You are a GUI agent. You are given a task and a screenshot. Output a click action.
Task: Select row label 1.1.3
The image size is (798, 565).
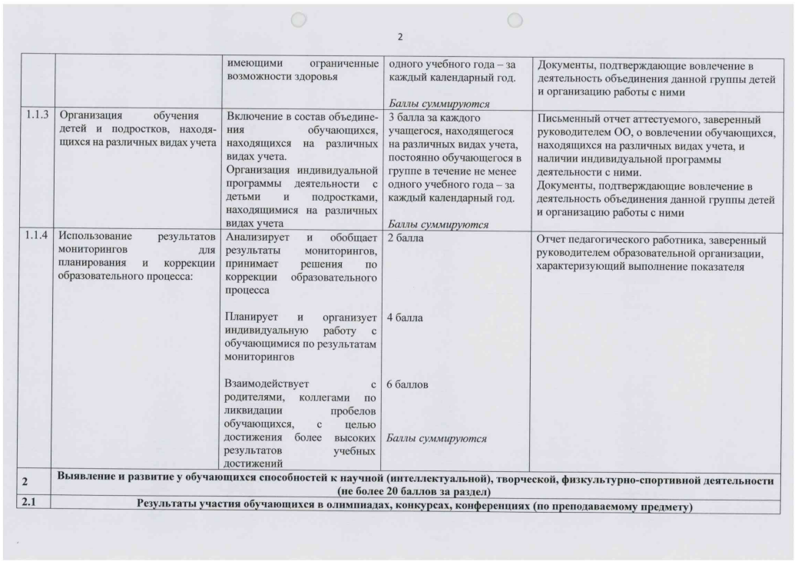pyautogui.click(x=35, y=118)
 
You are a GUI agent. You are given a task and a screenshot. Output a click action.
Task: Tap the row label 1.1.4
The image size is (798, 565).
pyautogui.click(x=35, y=237)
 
